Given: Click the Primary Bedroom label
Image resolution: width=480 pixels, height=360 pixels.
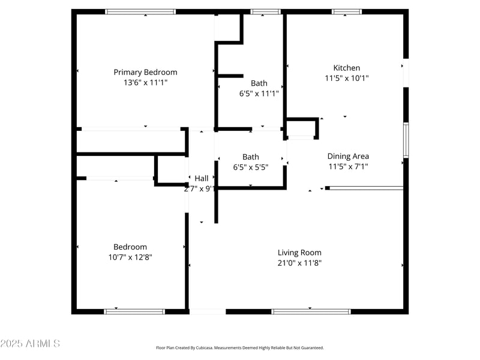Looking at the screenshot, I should point(145,72).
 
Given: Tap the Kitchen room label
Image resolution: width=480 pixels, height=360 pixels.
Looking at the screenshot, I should point(347,68).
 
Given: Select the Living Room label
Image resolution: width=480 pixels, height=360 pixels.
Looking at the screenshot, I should point(299,253).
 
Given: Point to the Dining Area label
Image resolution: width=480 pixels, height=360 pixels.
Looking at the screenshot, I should point(348,157).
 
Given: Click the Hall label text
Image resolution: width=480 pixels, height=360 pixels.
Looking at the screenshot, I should point(202,178).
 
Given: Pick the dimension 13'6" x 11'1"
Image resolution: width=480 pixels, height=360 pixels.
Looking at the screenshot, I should point(145,82).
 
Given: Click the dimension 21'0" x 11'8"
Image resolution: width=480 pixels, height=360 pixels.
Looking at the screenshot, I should point(299,263).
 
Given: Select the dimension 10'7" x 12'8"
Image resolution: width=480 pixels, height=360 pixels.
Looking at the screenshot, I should point(130,257).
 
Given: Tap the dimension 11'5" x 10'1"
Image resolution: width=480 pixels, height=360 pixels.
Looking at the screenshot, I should point(347,78).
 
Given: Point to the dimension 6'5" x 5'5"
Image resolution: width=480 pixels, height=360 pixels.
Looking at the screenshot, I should point(251,167).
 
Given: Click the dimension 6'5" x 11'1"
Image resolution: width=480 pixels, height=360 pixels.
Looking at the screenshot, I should point(259,93).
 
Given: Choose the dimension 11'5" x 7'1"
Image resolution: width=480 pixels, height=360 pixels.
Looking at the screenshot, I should point(348,167).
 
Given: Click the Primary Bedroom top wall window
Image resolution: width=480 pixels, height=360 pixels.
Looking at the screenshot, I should point(140,11).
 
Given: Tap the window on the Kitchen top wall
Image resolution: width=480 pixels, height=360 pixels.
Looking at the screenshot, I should point(347,11).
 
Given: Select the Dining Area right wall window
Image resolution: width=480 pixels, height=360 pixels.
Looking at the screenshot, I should point(406,140).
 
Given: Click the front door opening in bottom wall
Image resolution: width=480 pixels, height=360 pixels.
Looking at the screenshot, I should point(208,311).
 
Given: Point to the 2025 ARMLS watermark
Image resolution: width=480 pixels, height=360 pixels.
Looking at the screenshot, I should point(30,344).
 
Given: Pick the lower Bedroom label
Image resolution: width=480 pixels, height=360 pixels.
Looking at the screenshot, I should point(130,247).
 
